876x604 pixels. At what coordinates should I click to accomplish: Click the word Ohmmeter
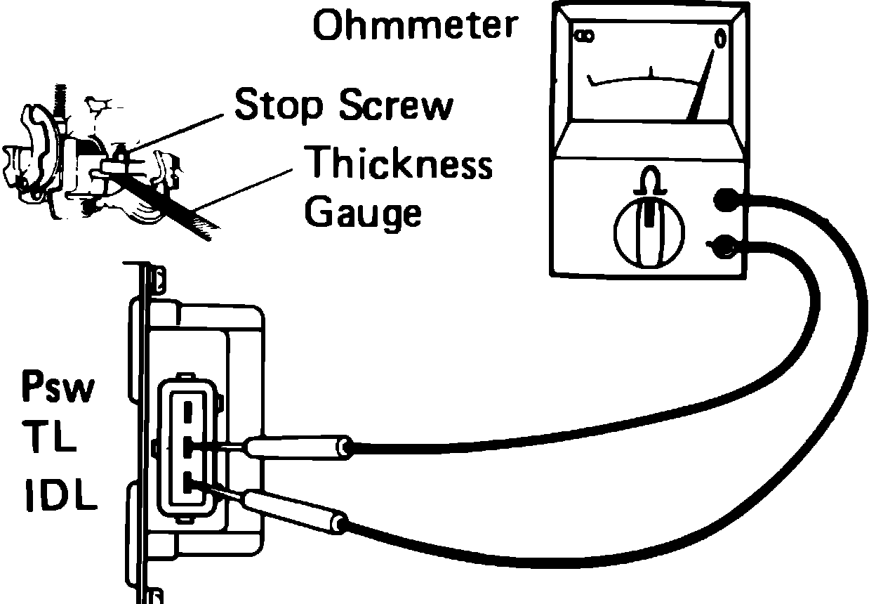pyautogui.click(x=414, y=26)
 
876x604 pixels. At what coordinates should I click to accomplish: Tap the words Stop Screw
pyautogui.click(x=343, y=105)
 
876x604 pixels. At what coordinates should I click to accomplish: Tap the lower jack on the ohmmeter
pyautogui.click(x=723, y=245)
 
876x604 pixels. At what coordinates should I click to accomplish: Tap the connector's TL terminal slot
pyautogui.click(x=188, y=446)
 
